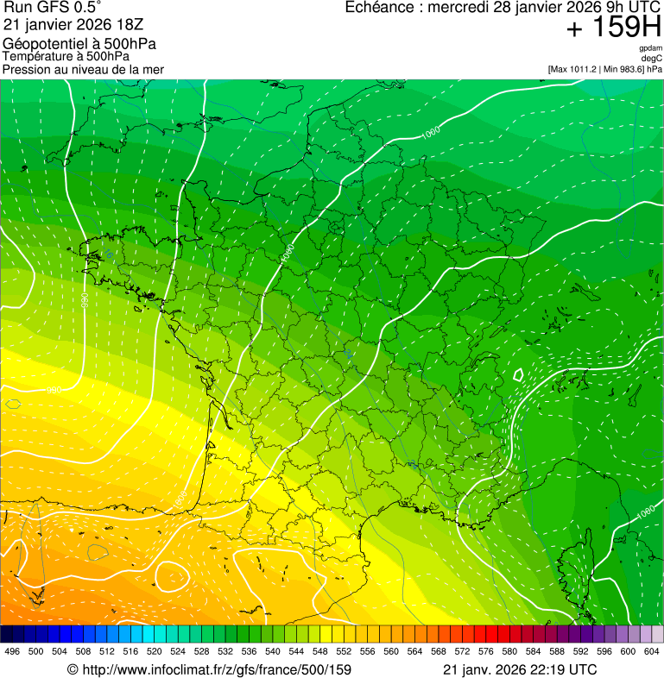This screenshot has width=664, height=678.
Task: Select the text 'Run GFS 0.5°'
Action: (x=53, y=8)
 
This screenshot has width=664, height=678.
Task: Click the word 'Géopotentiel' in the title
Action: (x=42, y=44)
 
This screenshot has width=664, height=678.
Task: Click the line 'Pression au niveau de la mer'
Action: (x=83, y=69)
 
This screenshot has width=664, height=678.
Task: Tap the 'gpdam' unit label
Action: (x=650, y=48)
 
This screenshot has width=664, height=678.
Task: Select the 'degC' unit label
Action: (x=652, y=59)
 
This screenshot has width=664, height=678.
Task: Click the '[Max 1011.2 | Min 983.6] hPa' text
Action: (x=604, y=69)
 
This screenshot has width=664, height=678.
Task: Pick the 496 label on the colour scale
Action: (x=12, y=651)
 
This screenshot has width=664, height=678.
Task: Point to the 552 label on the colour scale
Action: (x=343, y=651)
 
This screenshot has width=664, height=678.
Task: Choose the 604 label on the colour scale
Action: (x=651, y=651)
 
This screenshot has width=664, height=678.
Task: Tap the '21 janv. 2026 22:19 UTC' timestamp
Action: (x=519, y=669)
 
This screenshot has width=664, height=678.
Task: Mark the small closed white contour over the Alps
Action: (x=518, y=375)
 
